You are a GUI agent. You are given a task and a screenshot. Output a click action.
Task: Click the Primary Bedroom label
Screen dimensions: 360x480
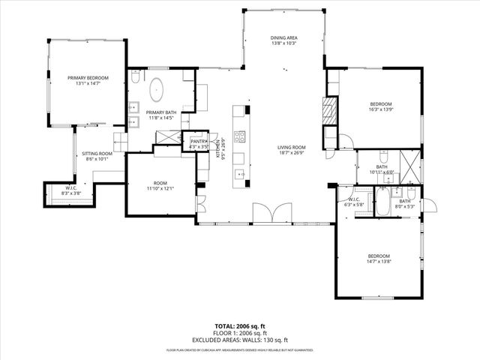click(88, 78)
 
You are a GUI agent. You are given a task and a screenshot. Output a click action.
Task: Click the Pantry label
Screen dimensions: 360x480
click(199, 141)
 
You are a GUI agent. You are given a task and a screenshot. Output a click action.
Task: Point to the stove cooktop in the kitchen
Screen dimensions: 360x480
click(241, 136)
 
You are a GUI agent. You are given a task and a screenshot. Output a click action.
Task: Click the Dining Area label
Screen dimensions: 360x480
click(284, 37)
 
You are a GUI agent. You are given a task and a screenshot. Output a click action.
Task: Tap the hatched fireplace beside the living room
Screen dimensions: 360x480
click(328, 110)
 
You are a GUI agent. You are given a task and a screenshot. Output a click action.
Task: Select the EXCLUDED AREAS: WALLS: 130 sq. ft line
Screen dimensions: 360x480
click(240, 340)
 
